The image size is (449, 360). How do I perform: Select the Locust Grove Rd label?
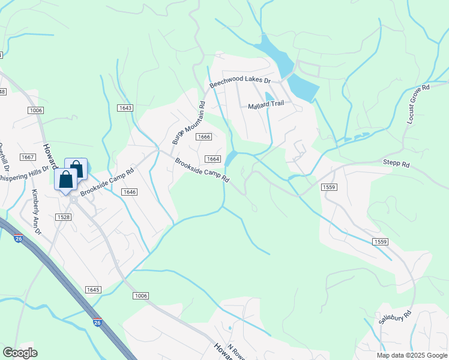coord(418,104)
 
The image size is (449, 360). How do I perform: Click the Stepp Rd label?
coord(396,163)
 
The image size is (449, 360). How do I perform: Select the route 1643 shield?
coord(125,107)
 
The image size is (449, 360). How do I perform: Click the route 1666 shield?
coord(203,137)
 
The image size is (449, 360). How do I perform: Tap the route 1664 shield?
coord(212,159)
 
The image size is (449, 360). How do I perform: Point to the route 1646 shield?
coord(129,192)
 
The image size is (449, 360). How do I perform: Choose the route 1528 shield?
coord(63,217)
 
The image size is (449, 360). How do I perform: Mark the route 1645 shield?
coord(93,290)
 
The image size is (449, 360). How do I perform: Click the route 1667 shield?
coord(27,157)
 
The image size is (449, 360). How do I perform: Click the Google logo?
coord(20,353)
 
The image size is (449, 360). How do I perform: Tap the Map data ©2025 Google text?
coord(412,355)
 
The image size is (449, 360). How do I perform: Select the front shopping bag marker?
coord(65,179)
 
